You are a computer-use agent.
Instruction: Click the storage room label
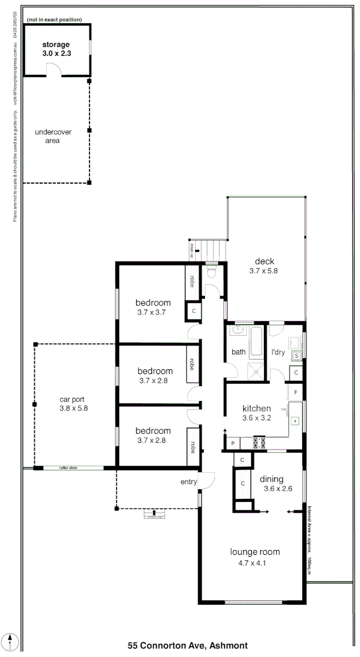[x=56, y=44]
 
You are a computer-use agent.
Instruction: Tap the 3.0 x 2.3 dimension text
[x=57, y=54]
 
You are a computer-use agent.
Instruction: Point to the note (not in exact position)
[x=54, y=19]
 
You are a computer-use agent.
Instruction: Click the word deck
[x=264, y=262]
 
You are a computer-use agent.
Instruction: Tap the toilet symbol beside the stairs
[x=211, y=273]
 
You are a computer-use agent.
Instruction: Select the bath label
[x=238, y=352]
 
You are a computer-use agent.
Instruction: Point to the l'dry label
[x=277, y=352]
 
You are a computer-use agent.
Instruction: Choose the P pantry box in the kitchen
[x=232, y=443]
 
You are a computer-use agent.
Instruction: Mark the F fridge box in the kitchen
[x=296, y=392]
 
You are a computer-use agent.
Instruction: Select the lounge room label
[x=255, y=552]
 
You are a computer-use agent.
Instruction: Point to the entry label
[x=189, y=482]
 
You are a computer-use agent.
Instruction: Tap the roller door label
[x=68, y=468]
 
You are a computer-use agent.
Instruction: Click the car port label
[x=74, y=400]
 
